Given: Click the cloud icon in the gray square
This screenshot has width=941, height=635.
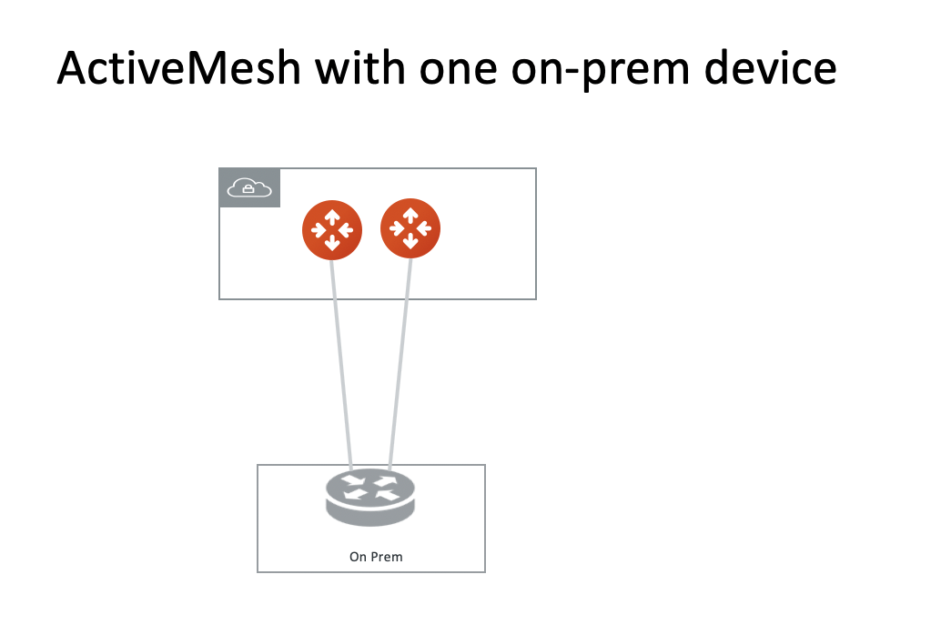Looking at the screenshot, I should (x=249, y=188).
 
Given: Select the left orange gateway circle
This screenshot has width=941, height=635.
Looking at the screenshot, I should (x=332, y=229).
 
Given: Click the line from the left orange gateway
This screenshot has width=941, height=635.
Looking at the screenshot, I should (x=341, y=364).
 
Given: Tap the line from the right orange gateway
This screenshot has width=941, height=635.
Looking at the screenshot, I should (x=400, y=364).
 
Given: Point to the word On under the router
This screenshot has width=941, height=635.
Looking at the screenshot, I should (x=358, y=557).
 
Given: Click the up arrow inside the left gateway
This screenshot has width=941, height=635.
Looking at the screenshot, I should (x=332, y=217).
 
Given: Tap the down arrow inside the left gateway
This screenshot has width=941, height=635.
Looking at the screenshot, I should (x=332, y=243).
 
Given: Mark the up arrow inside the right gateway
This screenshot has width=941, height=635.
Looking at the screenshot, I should (x=410, y=215).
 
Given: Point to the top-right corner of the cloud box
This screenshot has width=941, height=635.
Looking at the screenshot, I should (x=536, y=168).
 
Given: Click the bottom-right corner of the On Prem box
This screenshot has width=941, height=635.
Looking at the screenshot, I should (x=485, y=572).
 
